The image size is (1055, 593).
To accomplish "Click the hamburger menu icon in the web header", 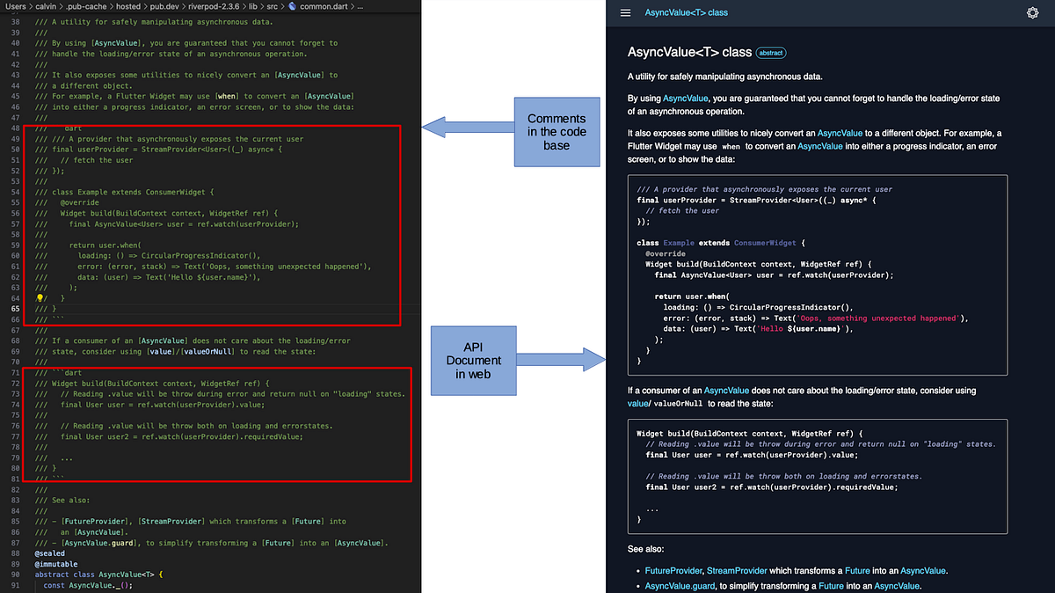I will coord(626,12).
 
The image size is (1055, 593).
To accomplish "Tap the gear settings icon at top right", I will coord(1033,12).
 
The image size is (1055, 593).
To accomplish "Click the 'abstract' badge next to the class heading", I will coord(771,53).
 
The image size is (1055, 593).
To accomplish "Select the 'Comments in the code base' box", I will coord(556,132).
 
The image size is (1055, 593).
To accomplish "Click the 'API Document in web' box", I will coord(474,359).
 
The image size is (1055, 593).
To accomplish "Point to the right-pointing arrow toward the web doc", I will coord(563,359).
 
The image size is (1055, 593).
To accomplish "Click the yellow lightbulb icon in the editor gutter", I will coord(40,299).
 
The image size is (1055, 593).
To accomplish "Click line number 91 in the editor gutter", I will coord(15,586).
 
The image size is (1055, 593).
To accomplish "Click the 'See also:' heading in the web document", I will coord(646,548).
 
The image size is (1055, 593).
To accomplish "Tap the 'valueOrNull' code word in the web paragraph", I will coord(681,403).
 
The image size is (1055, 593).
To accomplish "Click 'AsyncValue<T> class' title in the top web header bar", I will coord(687,12).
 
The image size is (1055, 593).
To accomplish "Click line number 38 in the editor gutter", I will coord(15,20).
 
